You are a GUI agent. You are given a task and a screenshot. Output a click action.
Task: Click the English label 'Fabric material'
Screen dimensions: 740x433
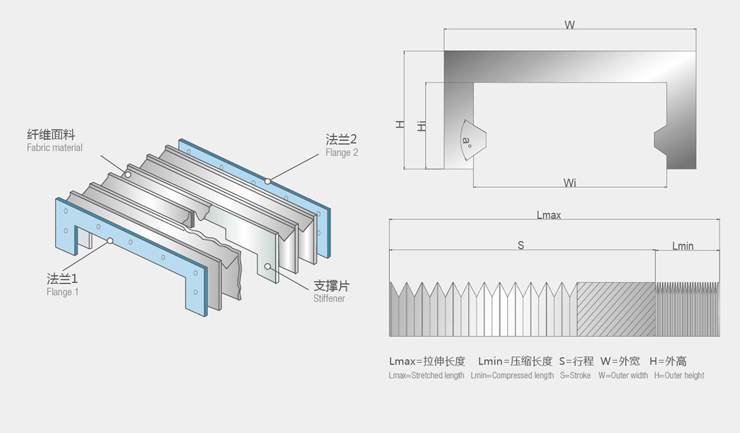pyautogui.click(x=54, y=147)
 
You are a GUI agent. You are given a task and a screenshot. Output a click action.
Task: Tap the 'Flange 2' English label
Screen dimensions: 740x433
pyautogui.click(x=342, y=153)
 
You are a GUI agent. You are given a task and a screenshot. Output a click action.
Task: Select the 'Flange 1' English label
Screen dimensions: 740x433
pyautogui.click(x=62, y=292)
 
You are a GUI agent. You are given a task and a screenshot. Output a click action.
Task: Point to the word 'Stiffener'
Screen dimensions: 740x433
pyautogui.click(x=329, y=298)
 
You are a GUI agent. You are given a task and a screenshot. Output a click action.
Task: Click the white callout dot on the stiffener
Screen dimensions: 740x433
pyautogui.click(x=268, y=267)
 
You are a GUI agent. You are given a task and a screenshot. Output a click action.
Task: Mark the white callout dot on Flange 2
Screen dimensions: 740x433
pyautogui.click(x=268, y=182)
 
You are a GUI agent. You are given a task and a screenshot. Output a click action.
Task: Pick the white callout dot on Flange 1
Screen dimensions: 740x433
pyautogui.click(x=110, y=241)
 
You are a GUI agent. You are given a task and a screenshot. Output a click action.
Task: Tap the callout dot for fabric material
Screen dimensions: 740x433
pyautogui.click(x=128, y=175)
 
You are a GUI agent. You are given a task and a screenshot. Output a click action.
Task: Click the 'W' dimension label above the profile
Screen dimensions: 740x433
pyautogui.click(x=569, y=25)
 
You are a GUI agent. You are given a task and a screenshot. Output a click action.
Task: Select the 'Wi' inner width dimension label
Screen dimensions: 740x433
pyautogui.click(x=570, y=183)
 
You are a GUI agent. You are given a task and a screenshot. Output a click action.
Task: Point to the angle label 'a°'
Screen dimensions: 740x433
pyautogui.click(x=467, y=142)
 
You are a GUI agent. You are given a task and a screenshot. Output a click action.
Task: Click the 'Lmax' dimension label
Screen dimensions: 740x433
pyautogui.click(x=549, y=216)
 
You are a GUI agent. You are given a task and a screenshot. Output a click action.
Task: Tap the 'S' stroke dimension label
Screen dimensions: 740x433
pyautogui.click(x=521, y=245)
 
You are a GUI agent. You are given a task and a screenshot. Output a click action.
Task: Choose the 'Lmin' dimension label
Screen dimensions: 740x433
pyautogui.click(x=683, y=246)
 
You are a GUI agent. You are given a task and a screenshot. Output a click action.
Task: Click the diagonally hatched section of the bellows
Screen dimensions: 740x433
pyautogui.click(x=616, y=309)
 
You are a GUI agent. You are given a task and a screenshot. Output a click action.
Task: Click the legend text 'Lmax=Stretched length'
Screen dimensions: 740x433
pyautogui.click(x=427, y=376)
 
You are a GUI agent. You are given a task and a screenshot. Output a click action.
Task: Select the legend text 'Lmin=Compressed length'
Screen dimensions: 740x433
pyautogui.click(x=512, y=376)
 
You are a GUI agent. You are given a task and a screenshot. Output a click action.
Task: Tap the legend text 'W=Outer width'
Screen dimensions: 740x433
pyautogui.click(x=623, y=376)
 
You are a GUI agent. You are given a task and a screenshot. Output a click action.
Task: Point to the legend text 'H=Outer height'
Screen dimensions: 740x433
pyautogui.click(x=679, y=376)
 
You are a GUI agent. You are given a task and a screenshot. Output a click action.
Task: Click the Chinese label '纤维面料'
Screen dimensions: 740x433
pyautogui.click(x=51, y=135)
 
